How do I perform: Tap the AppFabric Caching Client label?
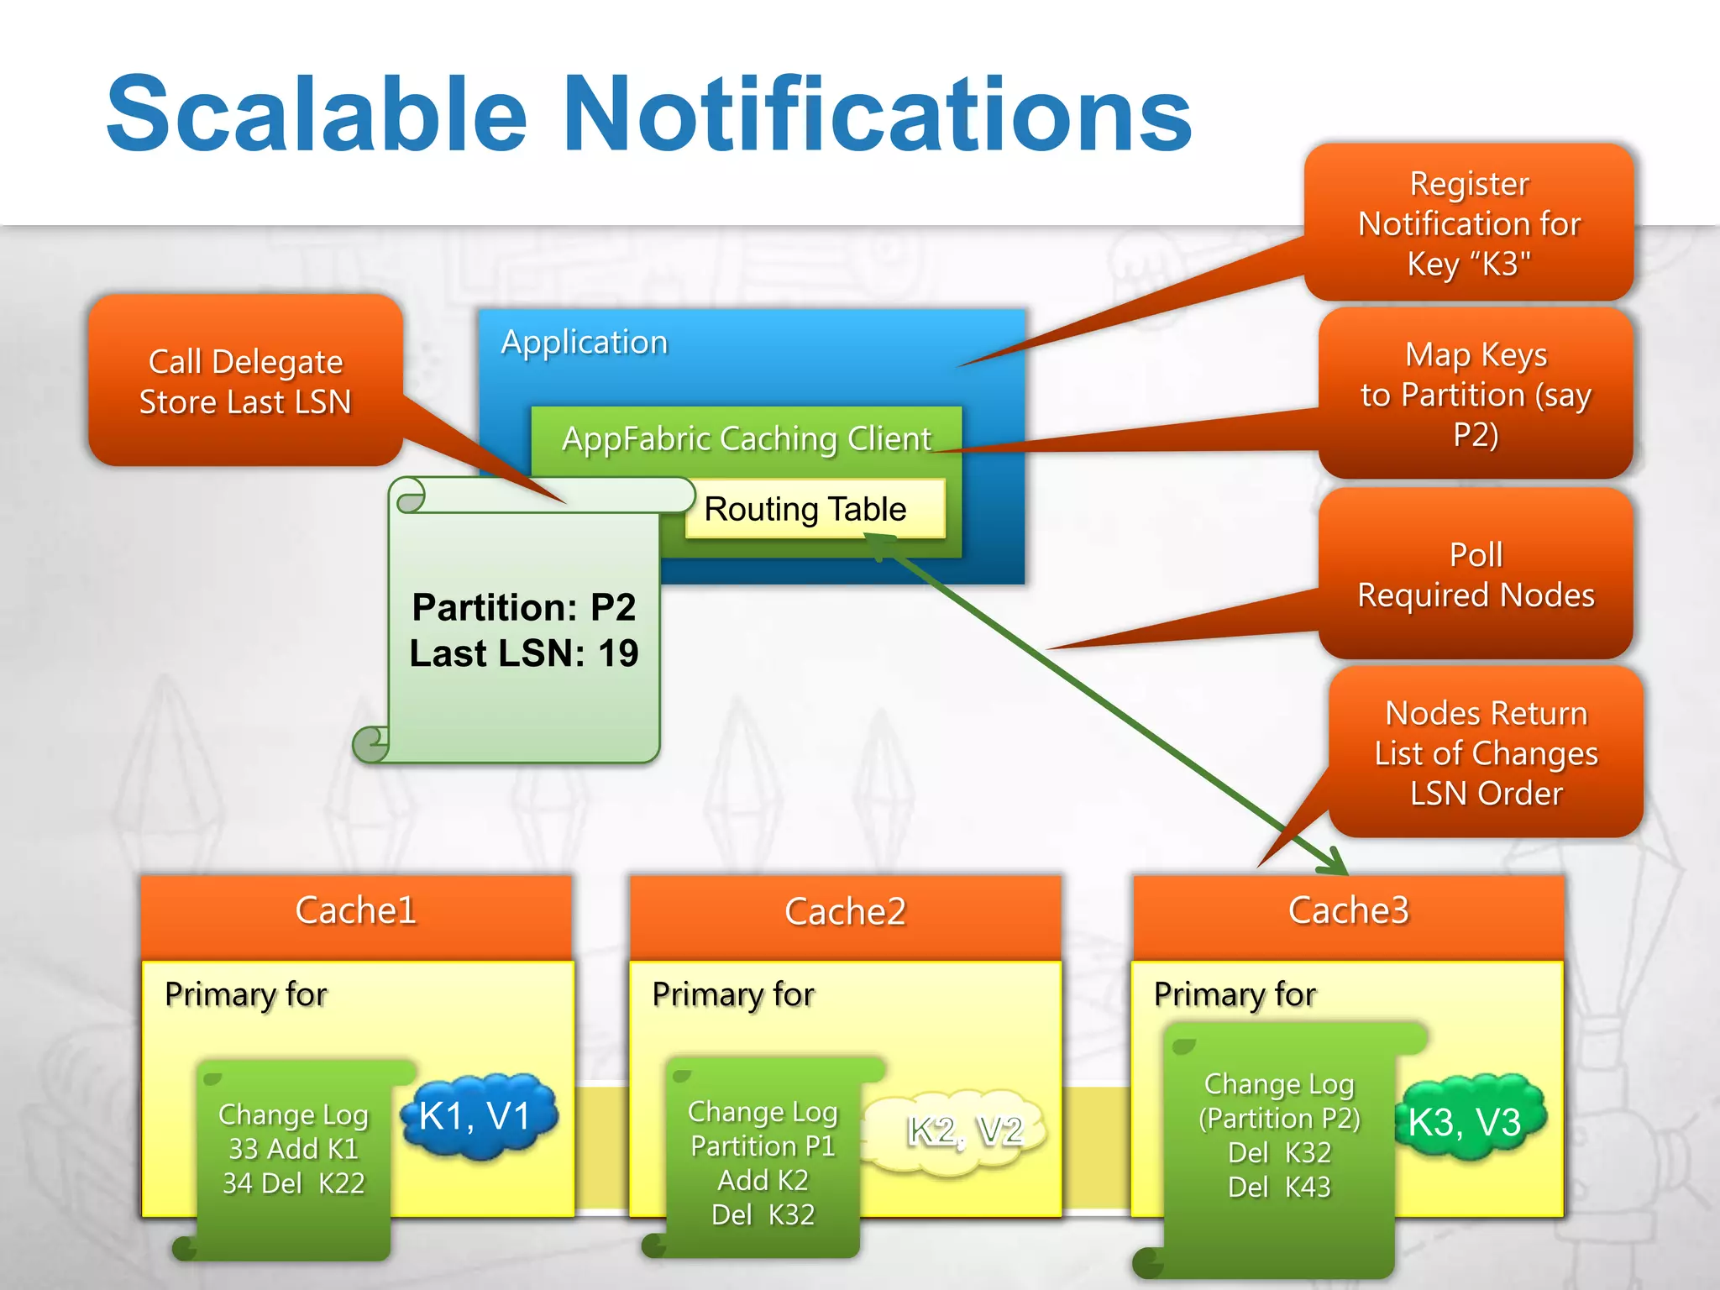tap(746, 438)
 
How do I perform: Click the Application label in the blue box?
tap(585, 343)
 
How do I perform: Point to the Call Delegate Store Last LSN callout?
tap(245, 380)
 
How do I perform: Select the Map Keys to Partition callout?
tap(1476, 394)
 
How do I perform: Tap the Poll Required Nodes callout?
tap(1476, 574)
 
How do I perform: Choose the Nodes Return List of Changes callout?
tap(1486, 752)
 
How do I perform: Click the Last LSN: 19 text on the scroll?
tap(524, 653)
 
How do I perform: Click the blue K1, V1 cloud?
tap(477, 1116)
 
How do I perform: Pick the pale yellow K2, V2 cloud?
tap(964, 1130)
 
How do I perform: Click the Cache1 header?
tap(356, 911)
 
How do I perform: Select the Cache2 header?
tap(845, 912)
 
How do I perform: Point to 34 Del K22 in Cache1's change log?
tap(294, 1182)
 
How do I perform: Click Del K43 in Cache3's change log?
tap(1279, 1187)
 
